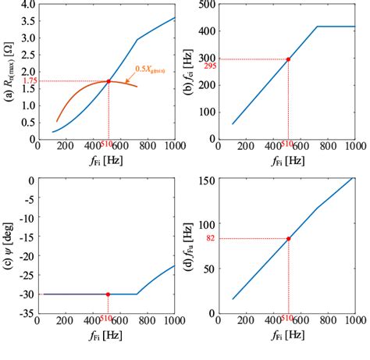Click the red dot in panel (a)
point(109,81)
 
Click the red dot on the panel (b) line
point(289,59)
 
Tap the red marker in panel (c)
point(108,294)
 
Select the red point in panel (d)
point(289,239)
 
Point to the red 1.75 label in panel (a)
point(29,81)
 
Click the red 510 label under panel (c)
point(108,319)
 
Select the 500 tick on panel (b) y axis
point(205,5)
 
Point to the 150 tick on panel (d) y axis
point(205,181)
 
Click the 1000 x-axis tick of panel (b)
point(353,145)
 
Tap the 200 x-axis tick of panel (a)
point(65,145)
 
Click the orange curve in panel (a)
point(78,97)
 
